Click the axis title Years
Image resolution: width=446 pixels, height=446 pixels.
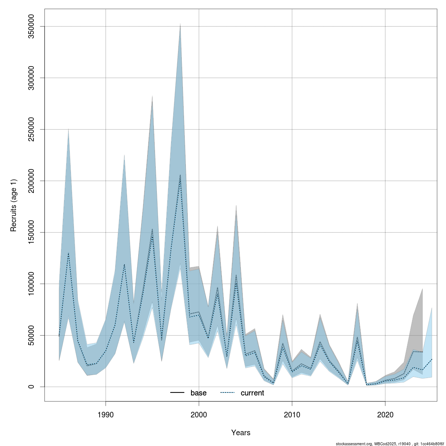pos(241,433)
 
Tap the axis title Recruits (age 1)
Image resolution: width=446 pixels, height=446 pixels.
pos(14,206)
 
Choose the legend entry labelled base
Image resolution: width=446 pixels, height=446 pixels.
pos(198,393)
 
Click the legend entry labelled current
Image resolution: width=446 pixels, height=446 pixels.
pos(252,393)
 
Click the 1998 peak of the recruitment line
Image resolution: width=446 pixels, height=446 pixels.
pos(180,175)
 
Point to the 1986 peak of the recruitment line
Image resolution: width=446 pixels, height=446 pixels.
pos(68,253)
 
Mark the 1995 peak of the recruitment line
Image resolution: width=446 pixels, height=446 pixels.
pos(152,230)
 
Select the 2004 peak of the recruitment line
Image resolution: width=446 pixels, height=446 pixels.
pos(236,277)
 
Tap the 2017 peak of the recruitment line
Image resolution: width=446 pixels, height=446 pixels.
pos(357,338)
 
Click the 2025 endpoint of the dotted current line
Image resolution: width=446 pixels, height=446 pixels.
pos(432,359)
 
